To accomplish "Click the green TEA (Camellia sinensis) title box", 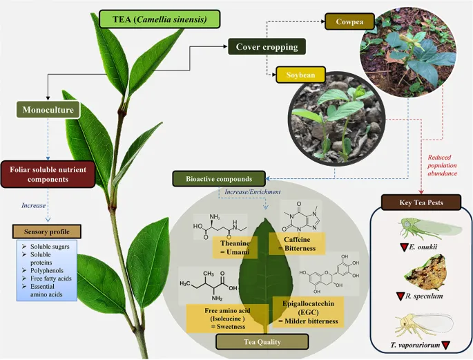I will coord(160,19).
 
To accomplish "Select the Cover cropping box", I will coord(267,47).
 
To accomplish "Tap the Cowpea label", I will coord(350,21).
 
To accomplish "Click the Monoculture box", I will coord(47,109).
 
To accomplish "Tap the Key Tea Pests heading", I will coord(421,204).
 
